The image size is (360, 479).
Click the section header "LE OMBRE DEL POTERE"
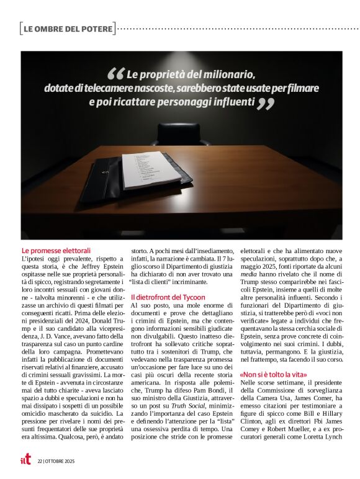[x=68, y=29]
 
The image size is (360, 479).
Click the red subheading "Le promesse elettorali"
[x=56, y=250]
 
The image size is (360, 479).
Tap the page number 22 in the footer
[x=39, y=461]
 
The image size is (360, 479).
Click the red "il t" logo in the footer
[x=25, y=460]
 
